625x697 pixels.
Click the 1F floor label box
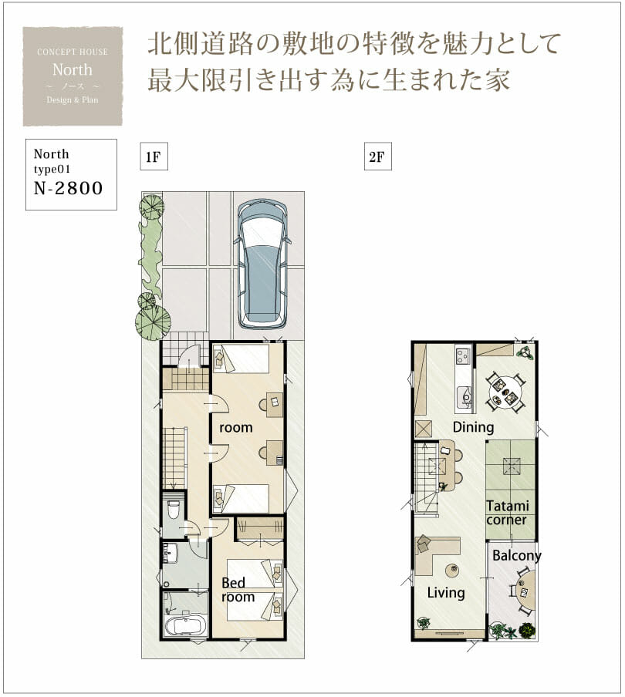pyautogui.click(x=154, y=157)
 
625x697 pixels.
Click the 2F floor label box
pyautogui.click(x=377, y=157)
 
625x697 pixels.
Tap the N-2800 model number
pyautogui.click(x=68, y=188)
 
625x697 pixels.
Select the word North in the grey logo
pyautogui.click(x=72, y=69)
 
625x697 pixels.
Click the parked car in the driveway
pyautogui.click(x=262, y=264)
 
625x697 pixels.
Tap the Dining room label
pyautogui.click(x=473, y=427)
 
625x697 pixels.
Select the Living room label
pyautogui.click(x=446, y=593)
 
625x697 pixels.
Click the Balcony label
pyautogui.click(x=517, y=556)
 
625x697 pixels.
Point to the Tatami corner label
pyautogui.click(x=507, y=513)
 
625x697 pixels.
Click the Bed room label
pyautogui.click(x=238, y=589)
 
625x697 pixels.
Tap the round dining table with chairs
pyautogui.click(x=505, y=392)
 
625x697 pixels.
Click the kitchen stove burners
pyautogui.click(x=463, y=356)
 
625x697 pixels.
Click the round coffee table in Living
pyautogui.click(x=452, y=570)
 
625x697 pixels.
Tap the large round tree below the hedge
pyautogui.click(x=153, y=322)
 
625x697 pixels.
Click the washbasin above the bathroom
pyautogui.click(x=171, y=554)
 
